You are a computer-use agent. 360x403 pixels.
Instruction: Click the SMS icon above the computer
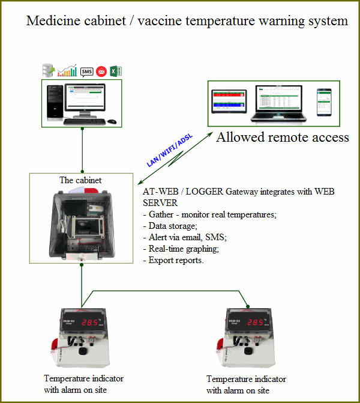point(86,71)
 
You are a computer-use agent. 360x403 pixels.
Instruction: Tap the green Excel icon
point(116,71)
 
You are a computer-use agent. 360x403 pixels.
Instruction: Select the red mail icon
point(101,71)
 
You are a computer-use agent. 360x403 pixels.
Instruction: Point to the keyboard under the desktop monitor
point(85,121)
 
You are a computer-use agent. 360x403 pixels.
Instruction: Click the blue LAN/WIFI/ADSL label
point(167,150)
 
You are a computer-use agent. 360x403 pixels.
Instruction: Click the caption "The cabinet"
point(80,180)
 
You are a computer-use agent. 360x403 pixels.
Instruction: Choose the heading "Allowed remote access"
point(283,138)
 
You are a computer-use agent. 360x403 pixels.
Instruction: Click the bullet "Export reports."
point(173,260)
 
